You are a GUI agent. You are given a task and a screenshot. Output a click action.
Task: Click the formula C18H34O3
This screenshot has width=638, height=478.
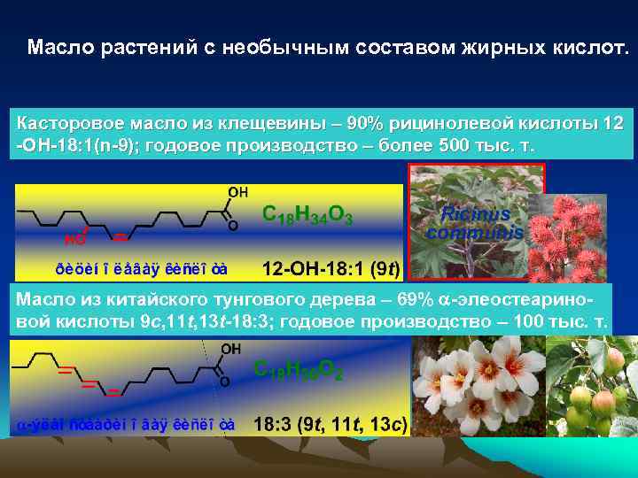click(307, 215)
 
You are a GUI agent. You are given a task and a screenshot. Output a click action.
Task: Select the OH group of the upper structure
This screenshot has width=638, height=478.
click(238, 192)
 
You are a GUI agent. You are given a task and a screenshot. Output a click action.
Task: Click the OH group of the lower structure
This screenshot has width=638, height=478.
click(230, 349)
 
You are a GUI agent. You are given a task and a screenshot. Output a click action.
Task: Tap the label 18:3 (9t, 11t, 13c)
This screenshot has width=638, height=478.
click(330, 425)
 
